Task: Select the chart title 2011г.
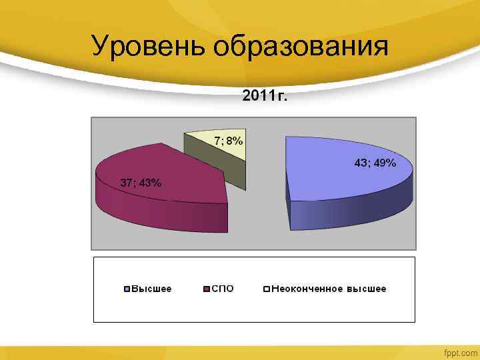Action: tap(265, 97)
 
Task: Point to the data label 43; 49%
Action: tap(375, 163)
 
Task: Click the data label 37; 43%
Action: tap(140, 183)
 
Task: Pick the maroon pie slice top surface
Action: tap(173, 170)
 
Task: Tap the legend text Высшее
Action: tap(151, 289)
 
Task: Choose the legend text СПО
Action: tap(223, 289)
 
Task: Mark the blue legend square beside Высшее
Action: tap(127, 289)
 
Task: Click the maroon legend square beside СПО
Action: tap(207, 289)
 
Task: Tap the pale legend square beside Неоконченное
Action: tap(266, 289)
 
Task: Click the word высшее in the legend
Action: tap(365, 289)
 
